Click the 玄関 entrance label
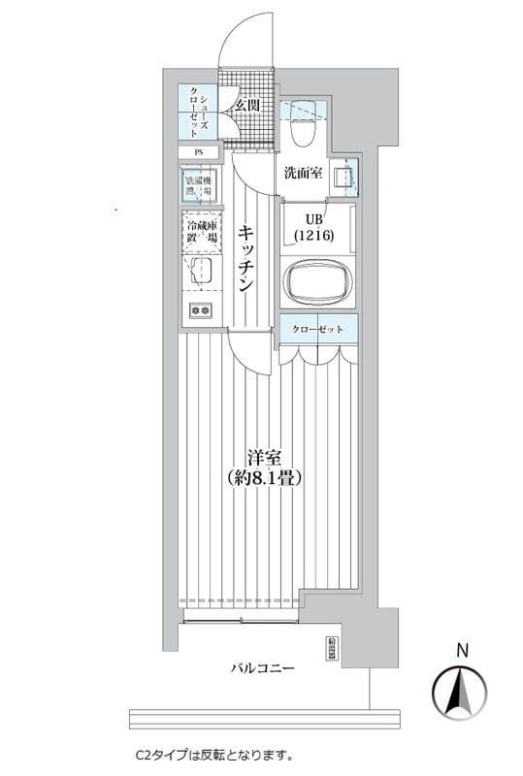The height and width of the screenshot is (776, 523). pyautogui.click(x=246, y=105)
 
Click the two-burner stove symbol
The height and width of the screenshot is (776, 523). pyautogui.click(x=202, y=309)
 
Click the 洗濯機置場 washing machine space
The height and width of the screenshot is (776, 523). pyautogui.click(x=201, y=184)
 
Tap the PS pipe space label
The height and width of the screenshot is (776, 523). pyautogui.click(x=199, y=152)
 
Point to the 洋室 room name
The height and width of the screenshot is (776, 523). pyautogui.click(x=262, y=456)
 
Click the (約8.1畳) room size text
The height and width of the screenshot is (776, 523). pyautogui.click(x=263, y=477)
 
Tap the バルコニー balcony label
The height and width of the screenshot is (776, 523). pyautogui.click(x=262, y=669)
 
